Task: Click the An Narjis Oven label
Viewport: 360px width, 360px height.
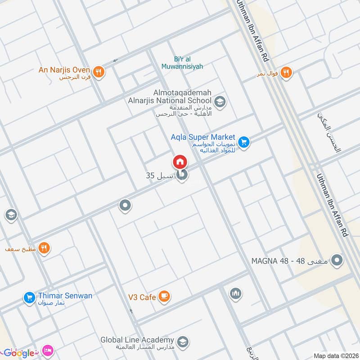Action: (x=65, y=70)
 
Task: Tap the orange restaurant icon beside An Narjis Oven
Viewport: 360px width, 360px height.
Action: (x=99, y=71)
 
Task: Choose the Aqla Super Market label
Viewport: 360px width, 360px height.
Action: (x=203, y=137)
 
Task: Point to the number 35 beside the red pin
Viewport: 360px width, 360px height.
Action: (x=150, y=175)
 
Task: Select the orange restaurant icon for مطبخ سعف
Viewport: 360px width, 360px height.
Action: (x=44, y=248)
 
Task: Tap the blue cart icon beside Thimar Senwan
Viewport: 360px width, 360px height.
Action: (x=29, y=297)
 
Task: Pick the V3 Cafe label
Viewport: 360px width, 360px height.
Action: (x=141, y=297)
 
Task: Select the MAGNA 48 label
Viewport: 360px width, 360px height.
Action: (x=289, y=261)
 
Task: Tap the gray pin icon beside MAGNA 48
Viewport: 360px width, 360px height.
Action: (x=337, y=260)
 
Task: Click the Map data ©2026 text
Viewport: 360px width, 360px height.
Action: (x=335, y=355)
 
